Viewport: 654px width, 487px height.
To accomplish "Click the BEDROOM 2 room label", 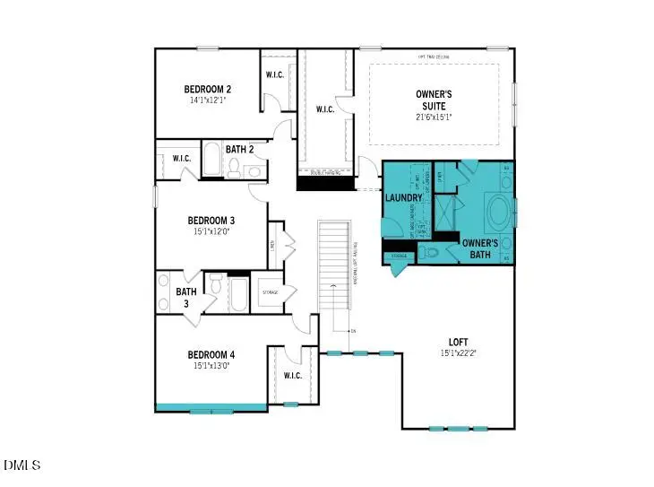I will (208, 89).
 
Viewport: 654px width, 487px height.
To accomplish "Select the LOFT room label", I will (459, 342).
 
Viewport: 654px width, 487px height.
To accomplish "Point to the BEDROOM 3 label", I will (211, 221).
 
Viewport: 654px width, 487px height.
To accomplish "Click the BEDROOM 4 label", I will (211, 353).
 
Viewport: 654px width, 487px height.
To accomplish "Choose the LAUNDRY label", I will (403, 197).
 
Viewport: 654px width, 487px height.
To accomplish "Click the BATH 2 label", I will (240, 150).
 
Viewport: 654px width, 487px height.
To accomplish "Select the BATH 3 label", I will (185, 297).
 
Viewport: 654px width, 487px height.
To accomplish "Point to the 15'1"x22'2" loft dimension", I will (459, 353).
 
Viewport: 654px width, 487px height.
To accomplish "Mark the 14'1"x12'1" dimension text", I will (209, 100).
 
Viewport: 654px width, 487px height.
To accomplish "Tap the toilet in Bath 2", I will (233, 167).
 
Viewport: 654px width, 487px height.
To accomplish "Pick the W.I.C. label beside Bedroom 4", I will (292, 375).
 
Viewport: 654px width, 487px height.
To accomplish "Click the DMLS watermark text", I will (22, 465).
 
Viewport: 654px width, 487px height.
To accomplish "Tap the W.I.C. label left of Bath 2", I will (182, 159).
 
